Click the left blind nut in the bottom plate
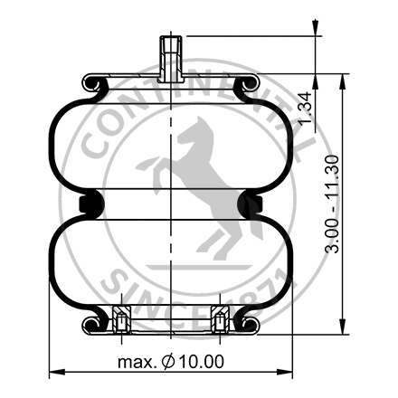(x=120, y=318)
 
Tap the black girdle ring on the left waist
(x=89, y=204)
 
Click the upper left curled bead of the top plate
(x=93, y=85)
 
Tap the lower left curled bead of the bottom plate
(x=93, y=324)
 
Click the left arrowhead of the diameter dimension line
(x=52, y=371)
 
